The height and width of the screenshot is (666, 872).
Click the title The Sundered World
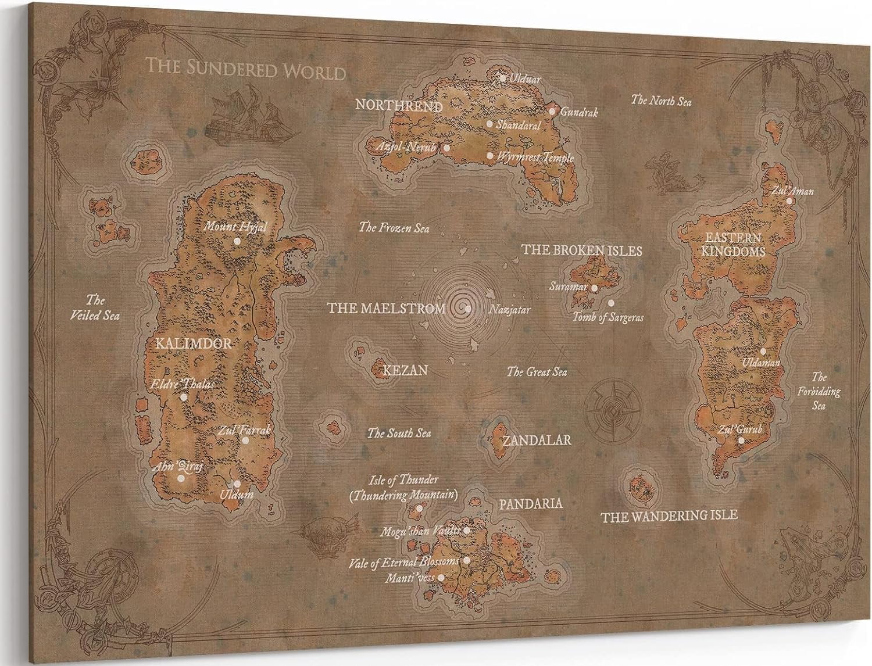(245, 69)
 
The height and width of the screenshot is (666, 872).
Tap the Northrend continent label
(399, 106)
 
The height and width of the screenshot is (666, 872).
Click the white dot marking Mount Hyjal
(237, 241)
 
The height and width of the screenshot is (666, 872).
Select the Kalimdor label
(194, 343)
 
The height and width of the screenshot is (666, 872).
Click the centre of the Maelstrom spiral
(468, 309)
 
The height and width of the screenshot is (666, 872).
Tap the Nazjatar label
(509, 310)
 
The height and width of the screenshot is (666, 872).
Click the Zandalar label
(537, 440)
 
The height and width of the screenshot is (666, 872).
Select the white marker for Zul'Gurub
(741, 440)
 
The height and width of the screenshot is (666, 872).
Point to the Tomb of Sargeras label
(608, 318)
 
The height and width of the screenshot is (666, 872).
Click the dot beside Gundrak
(552, 111)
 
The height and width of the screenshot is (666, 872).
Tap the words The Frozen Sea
(394, 228)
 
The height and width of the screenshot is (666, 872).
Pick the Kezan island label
(405, 370)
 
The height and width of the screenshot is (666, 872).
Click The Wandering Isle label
(669, 515)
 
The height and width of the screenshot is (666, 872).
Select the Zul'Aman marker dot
(789, 200)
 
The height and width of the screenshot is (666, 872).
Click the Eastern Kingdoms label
(732, 245)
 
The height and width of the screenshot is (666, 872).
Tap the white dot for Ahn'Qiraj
(181, 478)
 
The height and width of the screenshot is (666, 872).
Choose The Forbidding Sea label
(819, 391)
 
